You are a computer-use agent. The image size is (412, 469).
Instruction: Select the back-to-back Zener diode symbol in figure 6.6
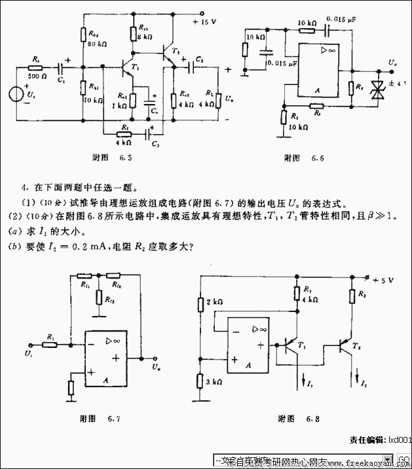pyautogui.click(x=377, y=88)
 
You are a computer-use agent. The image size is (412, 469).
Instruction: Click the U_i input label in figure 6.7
pyautogui.click(x=29, y=353)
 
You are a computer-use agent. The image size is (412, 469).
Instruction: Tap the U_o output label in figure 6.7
pyautogui.click(x=155, y=368)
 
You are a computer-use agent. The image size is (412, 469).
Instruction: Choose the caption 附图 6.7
pyautogui.click(x=100, y=419)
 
